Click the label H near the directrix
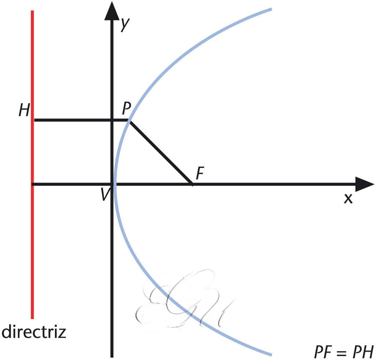coord(24,110)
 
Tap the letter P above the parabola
coord(127,109)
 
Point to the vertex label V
coord(105,195)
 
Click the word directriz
coord(34,333)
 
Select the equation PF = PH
coord(343,352)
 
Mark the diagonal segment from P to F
coord(160,152)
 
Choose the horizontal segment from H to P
coord(81,120)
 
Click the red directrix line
coord(33,238)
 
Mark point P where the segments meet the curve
coord(129,120)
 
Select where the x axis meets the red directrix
coord(33,184)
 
